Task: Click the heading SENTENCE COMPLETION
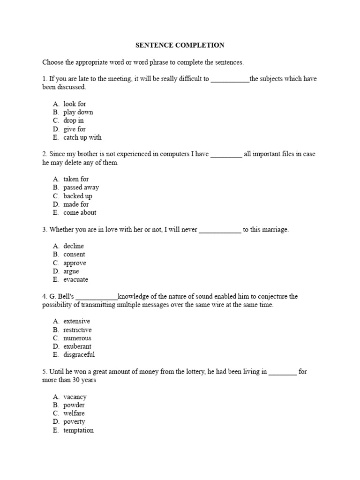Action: (180, 45)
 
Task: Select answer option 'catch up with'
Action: (82, 137)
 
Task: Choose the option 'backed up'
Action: (78, 196)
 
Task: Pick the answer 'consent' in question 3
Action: (74, 254)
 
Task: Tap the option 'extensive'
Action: (76, 321)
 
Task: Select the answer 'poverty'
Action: (74, 422)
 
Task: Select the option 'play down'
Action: (78, 112)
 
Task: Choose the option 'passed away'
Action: (81, 187)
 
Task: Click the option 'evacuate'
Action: (75, 279)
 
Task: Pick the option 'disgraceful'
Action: (79, 355)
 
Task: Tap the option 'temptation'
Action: (78, 430)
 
